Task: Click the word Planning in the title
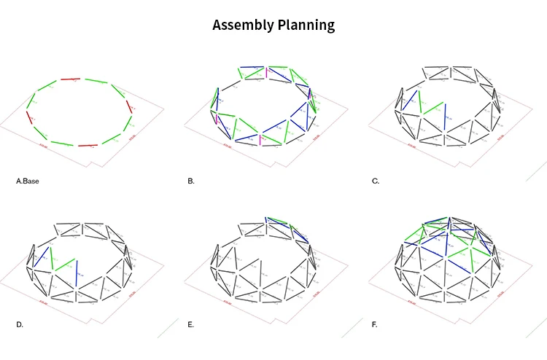tap(306, 26)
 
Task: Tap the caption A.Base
tap(28, 180)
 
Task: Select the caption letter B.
tap(190, 180)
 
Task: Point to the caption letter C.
tap(376, 180)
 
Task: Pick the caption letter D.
tap(20, 324)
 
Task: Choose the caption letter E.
tap(190, 324)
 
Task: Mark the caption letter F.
tap(374, 324)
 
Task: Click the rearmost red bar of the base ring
tap(70, 79)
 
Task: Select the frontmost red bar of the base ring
tap(88, 146)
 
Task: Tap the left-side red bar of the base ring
tap(30, 117)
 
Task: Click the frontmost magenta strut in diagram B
tap(260, 138)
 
